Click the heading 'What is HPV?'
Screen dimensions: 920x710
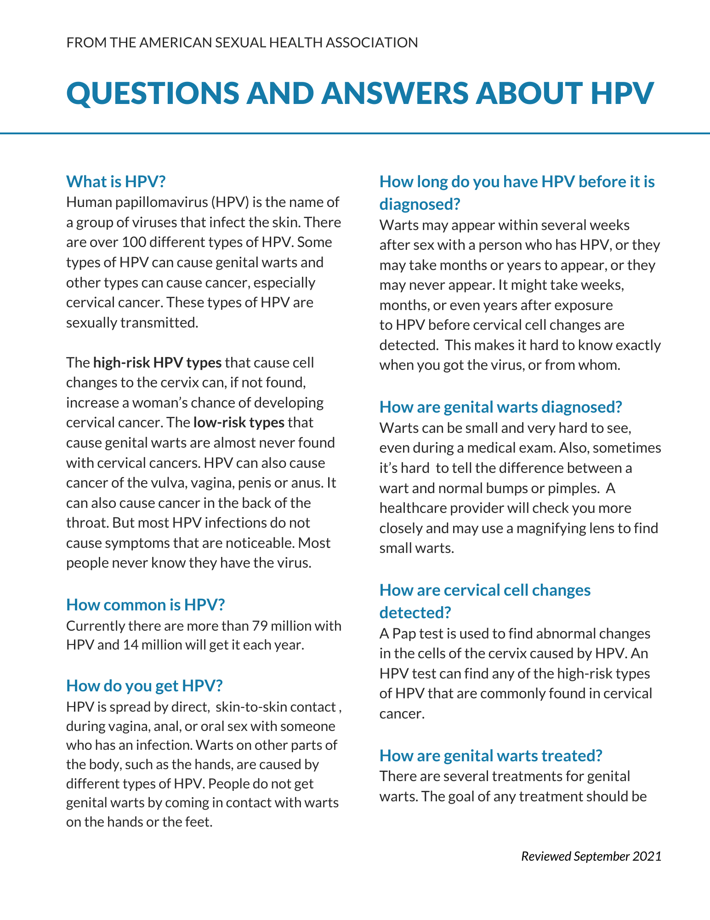click(x=115, y=182)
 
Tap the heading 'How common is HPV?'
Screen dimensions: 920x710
click(x=145, y=604)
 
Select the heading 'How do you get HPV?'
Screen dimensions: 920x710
click(x=144, y=685)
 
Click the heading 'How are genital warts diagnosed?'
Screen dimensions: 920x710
click(x=500, y=407)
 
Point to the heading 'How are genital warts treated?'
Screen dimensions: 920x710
click(x=490, y=755)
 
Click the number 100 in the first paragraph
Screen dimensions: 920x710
click(x=134, y=242)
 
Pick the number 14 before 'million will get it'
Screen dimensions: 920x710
click(x=131, y=645)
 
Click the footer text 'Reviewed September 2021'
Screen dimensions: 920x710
click(x=591, y=856)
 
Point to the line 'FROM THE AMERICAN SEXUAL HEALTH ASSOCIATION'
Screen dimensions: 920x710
click(x=242, y=43)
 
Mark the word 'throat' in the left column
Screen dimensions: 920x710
click(x=87, y=523)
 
